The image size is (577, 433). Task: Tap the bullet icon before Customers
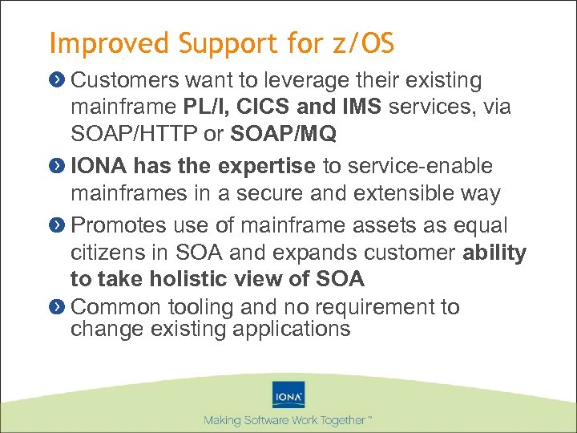(59, 80)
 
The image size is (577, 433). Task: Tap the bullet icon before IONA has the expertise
(59, 166)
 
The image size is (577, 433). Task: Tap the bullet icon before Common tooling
(59, 306)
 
